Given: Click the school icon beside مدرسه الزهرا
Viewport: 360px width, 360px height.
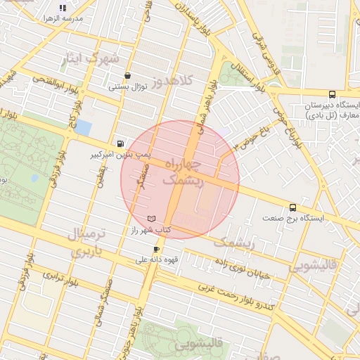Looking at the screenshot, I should point(63,8).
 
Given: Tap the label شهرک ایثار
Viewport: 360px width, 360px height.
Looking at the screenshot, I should point(90,58).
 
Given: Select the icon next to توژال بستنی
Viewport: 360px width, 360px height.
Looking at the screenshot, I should point(127,76).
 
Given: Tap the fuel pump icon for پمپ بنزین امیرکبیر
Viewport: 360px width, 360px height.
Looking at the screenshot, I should point(121,141).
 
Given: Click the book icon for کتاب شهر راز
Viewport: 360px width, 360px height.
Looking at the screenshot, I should point(153,220).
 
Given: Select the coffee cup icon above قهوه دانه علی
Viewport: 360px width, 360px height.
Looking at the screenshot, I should point(156,249).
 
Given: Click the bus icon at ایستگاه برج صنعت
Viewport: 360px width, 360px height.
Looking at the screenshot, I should point(292,207).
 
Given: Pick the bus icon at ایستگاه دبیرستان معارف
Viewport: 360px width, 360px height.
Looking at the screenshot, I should point(332,94).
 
